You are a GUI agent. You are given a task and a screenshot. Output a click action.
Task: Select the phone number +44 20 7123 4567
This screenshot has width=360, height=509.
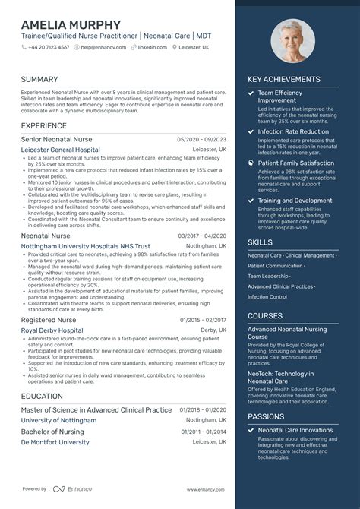coord(50,47)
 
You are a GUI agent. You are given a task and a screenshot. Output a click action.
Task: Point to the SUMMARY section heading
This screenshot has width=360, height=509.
coord(39,79)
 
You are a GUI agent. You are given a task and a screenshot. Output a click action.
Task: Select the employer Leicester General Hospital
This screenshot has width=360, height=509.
coord(60,150)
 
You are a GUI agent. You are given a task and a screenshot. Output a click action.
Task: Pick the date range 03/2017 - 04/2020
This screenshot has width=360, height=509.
coord(201,236)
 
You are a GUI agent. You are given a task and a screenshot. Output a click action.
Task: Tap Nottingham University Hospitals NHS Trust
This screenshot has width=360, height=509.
coord(85,247)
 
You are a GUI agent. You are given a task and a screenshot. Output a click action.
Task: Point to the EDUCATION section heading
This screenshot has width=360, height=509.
coord(42,396)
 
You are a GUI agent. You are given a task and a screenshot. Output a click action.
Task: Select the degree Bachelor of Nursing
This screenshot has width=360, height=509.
coord(52,432)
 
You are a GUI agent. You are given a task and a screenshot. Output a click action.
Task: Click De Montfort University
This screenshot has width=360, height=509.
coord(55,441)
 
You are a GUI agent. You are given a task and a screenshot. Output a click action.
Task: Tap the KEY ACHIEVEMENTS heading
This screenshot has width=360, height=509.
coord(283,79)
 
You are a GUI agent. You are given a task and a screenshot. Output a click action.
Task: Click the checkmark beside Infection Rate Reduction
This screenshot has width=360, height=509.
coord(251,131)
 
